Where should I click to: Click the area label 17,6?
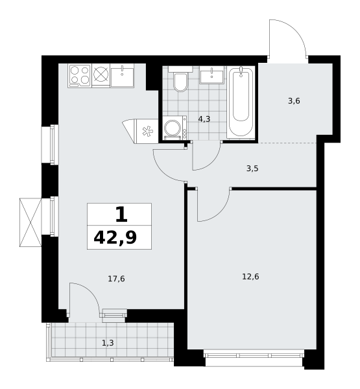click(x=116, y=279)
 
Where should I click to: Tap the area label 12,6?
click(x=250, y=276)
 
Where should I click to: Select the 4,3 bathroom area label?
click(x=204, y=119)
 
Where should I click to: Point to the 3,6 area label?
click(x=294, y=101)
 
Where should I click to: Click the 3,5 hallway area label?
click(x=252, y=169)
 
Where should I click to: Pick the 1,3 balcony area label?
click(x=108, y=343)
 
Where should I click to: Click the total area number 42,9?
click(x=115, y=238)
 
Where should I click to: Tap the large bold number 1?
click(x=121, y=215)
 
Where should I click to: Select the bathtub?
click(x=241, y=102)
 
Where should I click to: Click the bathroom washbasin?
click(x=211, y=75)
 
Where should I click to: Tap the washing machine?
click(x=175, y=128)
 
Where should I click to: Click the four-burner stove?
click(x=80, y=76)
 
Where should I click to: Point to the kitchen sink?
click(x=122, y=76)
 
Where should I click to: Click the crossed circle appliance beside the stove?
click(x=101, y=75)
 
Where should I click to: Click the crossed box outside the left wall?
click(x=30, y=222)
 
